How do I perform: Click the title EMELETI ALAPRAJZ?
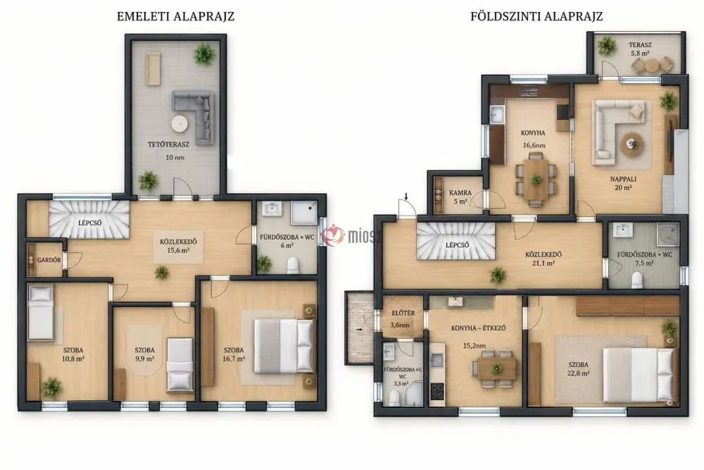175,17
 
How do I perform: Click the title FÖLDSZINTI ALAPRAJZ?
536,17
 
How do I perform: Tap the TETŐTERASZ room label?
169,144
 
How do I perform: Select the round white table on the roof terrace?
180,123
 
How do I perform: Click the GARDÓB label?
49,260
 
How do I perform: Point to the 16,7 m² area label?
234,359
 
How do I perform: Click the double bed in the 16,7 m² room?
283,347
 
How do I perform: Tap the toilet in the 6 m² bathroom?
293,266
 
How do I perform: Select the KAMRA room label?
460,193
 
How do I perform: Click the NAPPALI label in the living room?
623,179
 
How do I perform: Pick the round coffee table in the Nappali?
633,144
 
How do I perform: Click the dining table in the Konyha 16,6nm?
536,179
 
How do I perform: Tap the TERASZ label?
640,45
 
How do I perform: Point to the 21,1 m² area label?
543,264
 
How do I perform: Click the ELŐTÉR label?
403,313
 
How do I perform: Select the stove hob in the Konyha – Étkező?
437,391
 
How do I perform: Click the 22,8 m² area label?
578,373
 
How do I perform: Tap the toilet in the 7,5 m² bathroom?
636,280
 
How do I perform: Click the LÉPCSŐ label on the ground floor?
457,245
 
